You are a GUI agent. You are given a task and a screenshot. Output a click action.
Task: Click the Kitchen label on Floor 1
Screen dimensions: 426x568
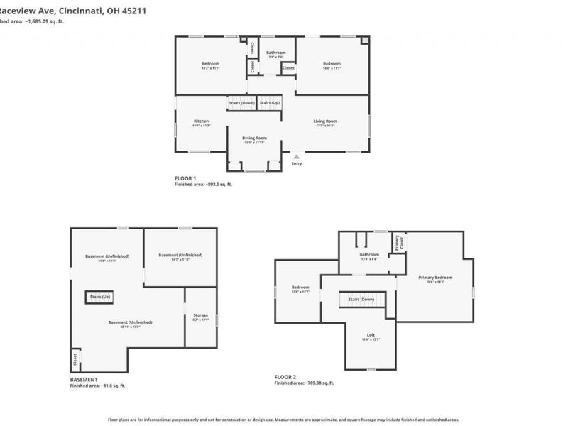click(x=202, y=121)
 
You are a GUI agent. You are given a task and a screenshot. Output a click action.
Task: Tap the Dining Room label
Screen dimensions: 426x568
click(x=254, y=138)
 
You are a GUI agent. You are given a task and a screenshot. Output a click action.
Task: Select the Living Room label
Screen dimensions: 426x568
click(x=325, y=121)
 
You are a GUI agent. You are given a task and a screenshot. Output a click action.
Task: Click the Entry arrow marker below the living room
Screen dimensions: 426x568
click(x=296, y=157)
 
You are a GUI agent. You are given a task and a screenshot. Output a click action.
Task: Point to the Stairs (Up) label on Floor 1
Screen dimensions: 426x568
click(x=269, y=103)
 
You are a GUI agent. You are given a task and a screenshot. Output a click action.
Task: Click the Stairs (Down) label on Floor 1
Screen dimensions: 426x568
click(x=241, y=103)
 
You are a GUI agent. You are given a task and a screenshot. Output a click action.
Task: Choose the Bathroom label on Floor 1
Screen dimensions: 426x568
click(x=276, y=53)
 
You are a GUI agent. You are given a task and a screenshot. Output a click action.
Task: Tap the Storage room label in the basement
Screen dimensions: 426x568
click(x=201, y=315)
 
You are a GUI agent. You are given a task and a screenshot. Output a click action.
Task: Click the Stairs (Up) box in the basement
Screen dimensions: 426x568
click(x=99, y=296)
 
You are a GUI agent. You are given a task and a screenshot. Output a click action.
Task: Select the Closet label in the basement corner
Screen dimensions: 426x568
click(x=75, y=359)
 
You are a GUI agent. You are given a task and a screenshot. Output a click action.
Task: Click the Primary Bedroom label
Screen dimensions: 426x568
click(x=435, y=278)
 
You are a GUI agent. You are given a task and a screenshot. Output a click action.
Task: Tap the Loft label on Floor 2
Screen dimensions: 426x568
click(x=371, y=335)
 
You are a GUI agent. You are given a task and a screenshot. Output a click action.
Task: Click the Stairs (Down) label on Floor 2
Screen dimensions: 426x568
click(x=361, y=300)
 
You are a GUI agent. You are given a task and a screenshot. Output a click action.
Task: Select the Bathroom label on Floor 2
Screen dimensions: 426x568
click(x=369, y=254)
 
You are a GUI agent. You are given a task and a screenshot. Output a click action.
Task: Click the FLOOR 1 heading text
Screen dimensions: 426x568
click(x=185, y=177)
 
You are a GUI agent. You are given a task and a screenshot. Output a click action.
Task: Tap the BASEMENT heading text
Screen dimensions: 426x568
click(x=84, y=380)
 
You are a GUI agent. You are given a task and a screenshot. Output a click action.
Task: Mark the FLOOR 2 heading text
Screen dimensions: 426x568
click(x=285, y=376)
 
